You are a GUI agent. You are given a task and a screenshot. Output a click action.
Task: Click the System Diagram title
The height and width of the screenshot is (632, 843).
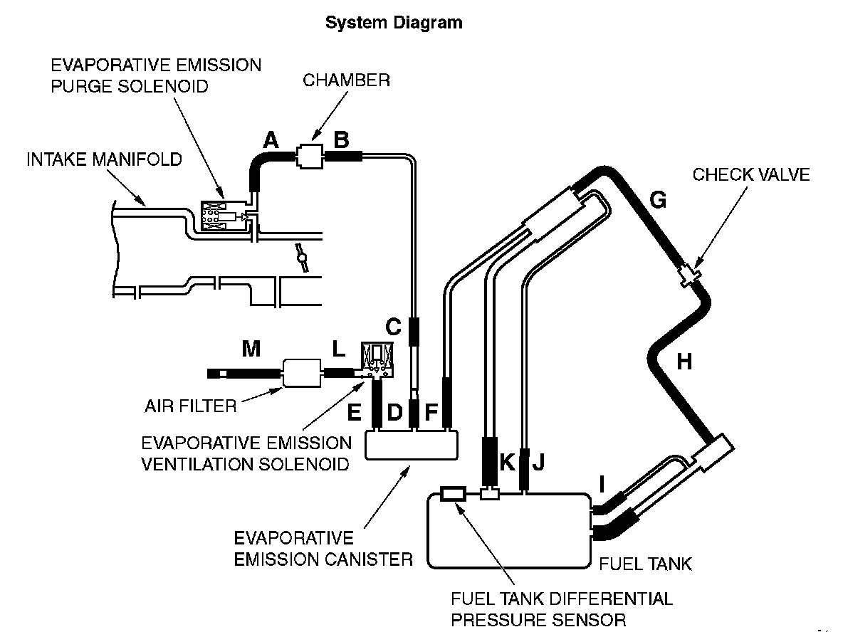pyautogui.click(x=394, y=23)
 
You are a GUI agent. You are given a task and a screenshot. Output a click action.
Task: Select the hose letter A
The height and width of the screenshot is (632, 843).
pyautogui.click(x=271, y=141)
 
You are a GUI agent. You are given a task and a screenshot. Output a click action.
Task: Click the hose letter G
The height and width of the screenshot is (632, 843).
pyautogui.click(x=659, y=201)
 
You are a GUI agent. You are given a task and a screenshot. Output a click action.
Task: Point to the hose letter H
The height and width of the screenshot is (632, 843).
pyautogui.click(x=684, y=362)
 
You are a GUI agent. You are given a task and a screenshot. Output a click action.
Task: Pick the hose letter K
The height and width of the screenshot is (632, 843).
pyautogui.click(x=507, y=462)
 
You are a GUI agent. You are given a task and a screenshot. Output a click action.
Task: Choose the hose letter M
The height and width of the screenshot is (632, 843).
pyautogui.click(x=251, y=348)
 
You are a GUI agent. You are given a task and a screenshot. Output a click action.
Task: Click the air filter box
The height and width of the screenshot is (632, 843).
pyautogui.click(x=303, y=372)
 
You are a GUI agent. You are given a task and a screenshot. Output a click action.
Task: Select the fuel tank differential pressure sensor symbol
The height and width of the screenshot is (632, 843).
pyautogui.click(x=453, y=493)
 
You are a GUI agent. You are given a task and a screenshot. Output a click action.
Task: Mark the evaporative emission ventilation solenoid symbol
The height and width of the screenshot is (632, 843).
pyautogui.click(x=378, y=360)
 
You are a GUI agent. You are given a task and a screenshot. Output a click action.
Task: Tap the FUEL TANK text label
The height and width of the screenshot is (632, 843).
pyautogui.click(x=645, y=564)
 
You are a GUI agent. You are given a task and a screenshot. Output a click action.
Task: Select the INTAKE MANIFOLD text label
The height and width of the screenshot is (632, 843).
pyautogui.click(x=104, y=159)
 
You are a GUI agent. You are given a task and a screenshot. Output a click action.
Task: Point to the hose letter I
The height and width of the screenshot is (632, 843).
pyautogui.click(x=602, y=485)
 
